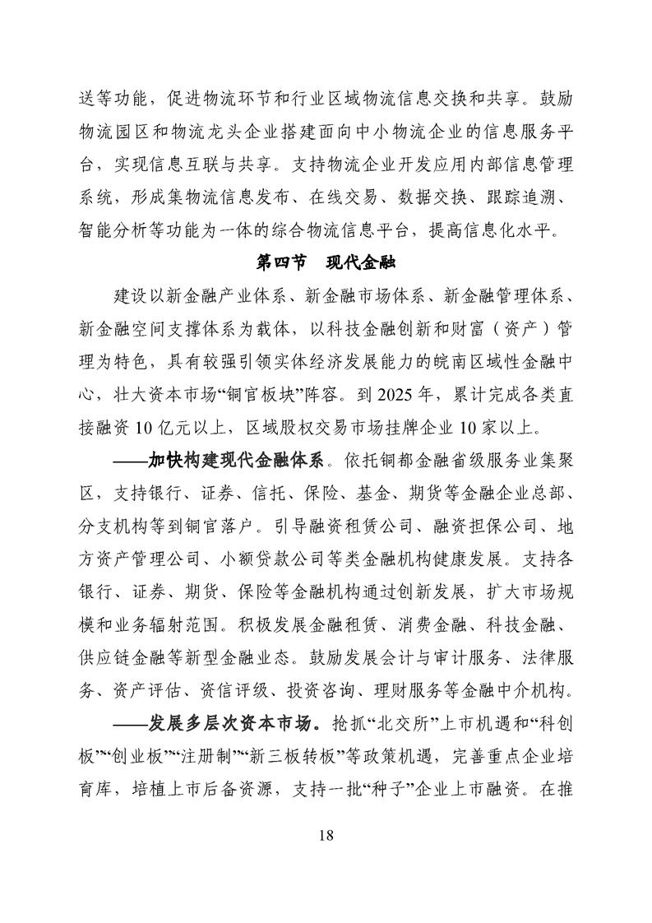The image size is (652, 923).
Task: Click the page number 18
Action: [x=326, y=836]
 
